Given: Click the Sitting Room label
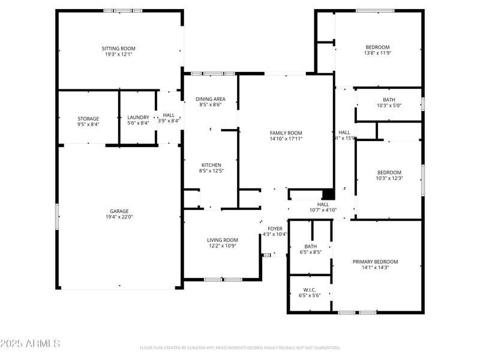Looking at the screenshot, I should [x=118, y=48].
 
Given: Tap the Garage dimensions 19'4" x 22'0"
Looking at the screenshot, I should [x=119, y=217].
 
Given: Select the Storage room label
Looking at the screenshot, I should [x=88, y=119].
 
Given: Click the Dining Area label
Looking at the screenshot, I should [x=211, y=99].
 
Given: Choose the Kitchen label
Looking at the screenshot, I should [x=211, y=165].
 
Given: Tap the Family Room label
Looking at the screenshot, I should [x=286, y=133].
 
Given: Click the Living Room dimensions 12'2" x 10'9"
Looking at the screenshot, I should [x=223, y=245].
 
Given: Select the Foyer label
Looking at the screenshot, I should [x=275, y=229].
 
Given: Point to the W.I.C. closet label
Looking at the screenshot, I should [x=310, y=290].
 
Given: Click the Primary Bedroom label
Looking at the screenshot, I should [x=375, y=262].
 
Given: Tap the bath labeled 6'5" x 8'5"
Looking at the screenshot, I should [x=310, y=246].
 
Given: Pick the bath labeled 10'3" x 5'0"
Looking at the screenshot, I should [x=389, y=100].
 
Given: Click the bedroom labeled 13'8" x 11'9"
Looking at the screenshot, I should [x=378, y=47].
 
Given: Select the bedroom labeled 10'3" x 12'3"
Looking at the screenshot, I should [x=389, y=172].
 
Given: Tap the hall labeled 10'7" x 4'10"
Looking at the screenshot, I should [x=323, y=205].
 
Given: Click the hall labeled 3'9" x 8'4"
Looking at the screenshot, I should [x=169, y=115].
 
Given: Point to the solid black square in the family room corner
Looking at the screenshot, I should [x=328, y=194].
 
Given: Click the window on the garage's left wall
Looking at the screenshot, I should [x=58, y=216].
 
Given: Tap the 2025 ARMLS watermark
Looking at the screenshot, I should [x=30, y=344].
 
